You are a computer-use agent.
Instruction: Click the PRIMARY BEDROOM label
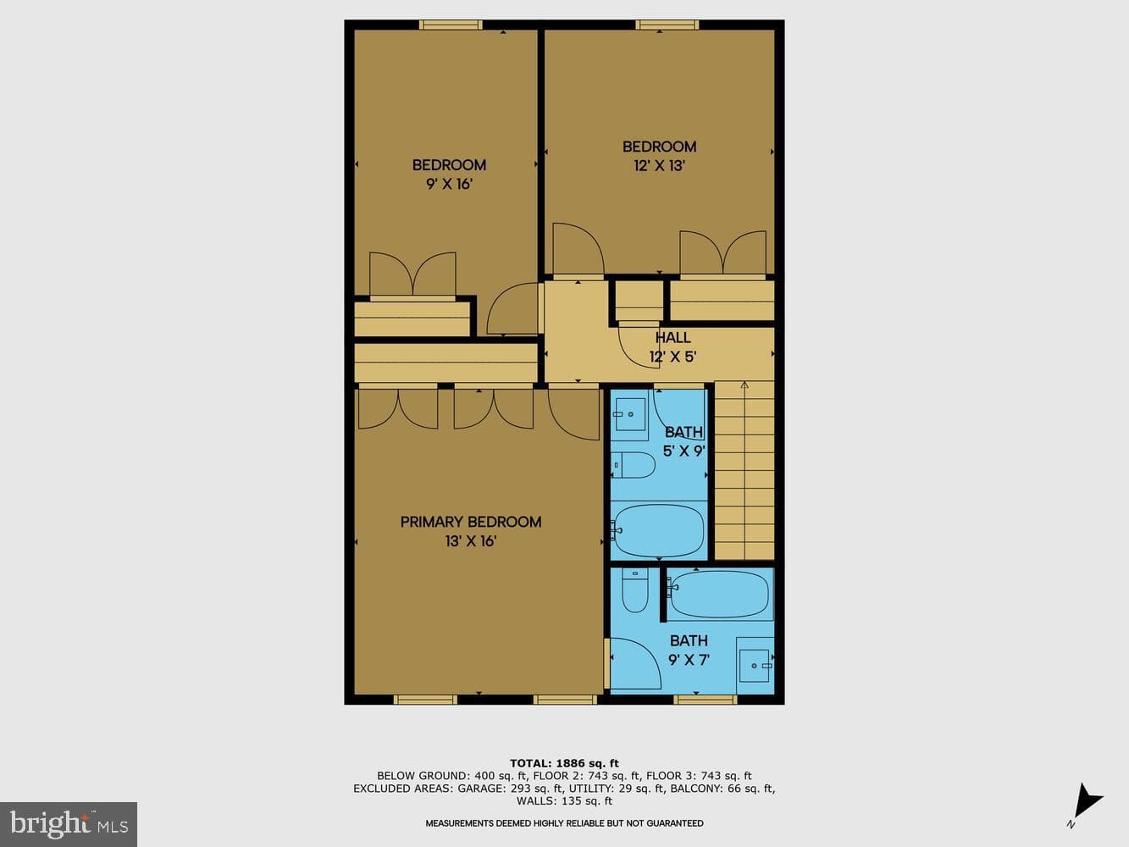(471, 522)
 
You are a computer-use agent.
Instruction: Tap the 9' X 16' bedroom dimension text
(449, 184)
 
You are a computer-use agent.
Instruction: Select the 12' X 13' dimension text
(660, 166)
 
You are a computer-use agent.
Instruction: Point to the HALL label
(672, 338)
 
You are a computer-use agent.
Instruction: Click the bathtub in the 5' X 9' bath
(659, 530)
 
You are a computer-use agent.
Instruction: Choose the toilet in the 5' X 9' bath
(633, 465)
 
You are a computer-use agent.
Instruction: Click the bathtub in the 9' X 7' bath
(720, 594)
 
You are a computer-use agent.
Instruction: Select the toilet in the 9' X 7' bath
(635, 590)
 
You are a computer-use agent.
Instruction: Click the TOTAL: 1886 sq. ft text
(564, 763)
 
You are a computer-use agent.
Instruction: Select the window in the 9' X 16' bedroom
(451, 25)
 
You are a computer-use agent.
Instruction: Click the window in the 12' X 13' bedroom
(667, 25)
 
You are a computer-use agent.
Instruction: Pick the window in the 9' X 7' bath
(706, 700)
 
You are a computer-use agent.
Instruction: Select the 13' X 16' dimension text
(471, 541)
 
